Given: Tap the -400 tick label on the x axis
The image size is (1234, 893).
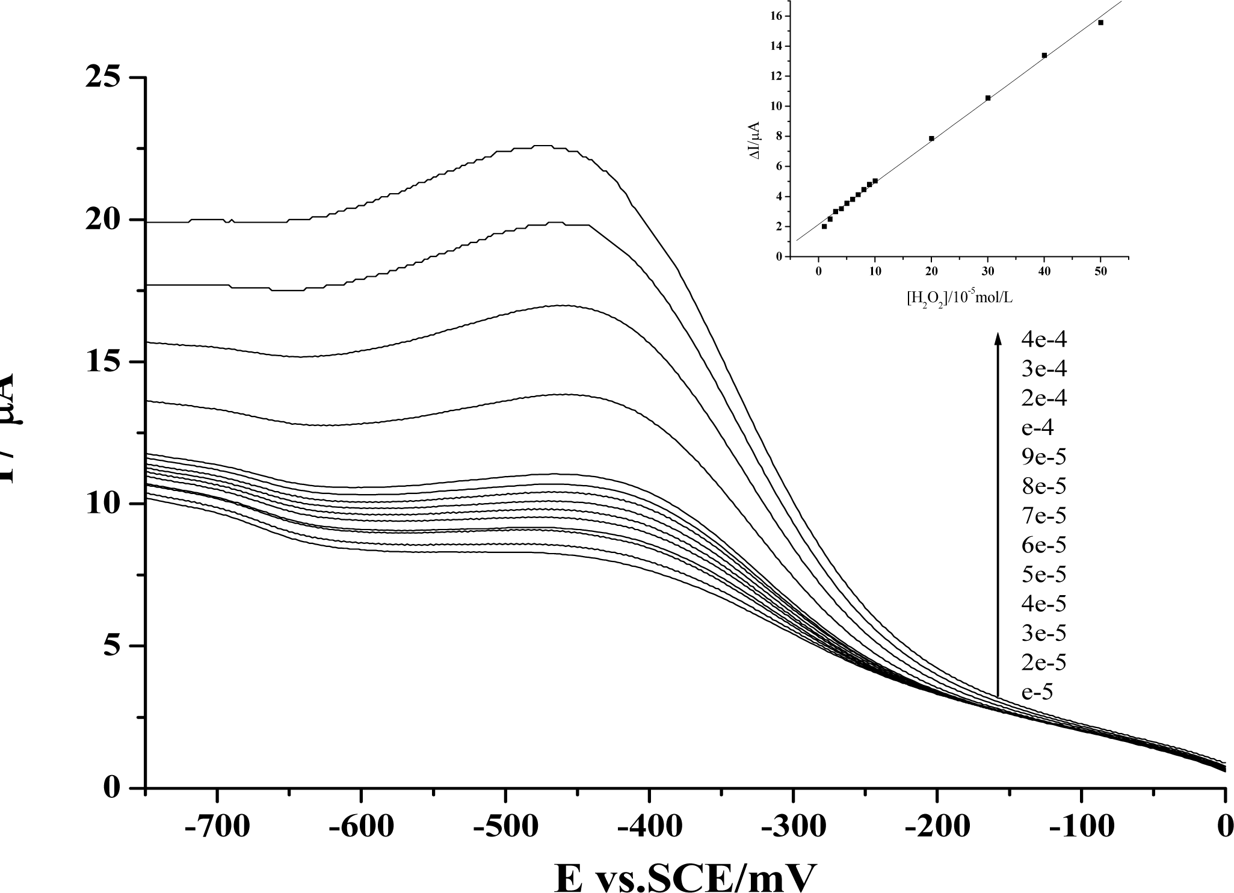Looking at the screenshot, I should click(x=649, y=827).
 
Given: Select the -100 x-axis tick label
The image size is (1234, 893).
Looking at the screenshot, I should click(x=1081, y=827).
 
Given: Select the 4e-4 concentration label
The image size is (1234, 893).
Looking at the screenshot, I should click(x=1044, y=339).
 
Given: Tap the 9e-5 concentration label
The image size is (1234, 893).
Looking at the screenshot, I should click(x=1044, y=457).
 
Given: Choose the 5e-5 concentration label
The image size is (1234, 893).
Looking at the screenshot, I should click(x=1044, y=575).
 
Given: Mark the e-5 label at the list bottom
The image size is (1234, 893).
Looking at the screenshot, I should click(x=1037, y=693).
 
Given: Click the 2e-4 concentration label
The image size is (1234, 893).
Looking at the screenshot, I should click(x=1044, y=398).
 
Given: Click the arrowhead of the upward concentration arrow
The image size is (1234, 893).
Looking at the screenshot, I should click(x=998, y=338).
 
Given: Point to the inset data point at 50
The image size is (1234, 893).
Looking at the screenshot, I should click(x=1100, y=23).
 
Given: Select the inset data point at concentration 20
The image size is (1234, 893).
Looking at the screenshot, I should click(x=931, y=138).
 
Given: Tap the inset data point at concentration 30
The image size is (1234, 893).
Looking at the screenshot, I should click(x=988, y=98).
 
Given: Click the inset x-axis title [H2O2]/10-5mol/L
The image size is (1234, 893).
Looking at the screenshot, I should click(x=959, y=297).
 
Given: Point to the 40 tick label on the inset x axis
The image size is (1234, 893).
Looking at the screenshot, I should click(x=1044, y=271).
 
